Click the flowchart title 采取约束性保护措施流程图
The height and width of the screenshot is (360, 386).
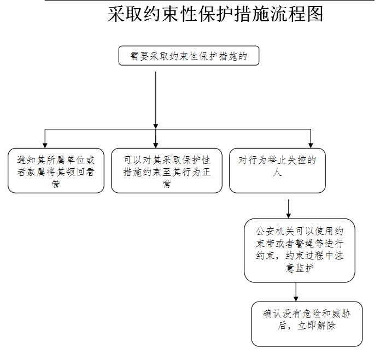coord(215,14)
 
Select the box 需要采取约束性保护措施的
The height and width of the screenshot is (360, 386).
coord(189,56)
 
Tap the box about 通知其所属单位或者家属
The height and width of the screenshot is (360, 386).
coord(56,170)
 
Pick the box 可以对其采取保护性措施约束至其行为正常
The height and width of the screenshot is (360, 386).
coord(167,170)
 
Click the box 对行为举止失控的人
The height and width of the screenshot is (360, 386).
coord(277,170)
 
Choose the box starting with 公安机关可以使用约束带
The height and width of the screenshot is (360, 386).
coord(300,250)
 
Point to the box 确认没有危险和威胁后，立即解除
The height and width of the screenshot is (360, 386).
coord(307,324)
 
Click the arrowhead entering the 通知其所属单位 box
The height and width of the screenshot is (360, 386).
coord(45,145)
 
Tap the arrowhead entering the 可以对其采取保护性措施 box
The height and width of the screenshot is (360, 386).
coord(156,145)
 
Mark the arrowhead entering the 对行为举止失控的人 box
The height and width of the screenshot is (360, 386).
coord(311,145)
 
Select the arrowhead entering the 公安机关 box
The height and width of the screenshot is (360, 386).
coord(289,216)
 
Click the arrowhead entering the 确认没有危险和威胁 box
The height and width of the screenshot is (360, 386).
coord(296,299)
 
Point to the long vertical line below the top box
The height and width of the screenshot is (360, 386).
coord(156,100)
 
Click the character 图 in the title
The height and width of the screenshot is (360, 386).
coord(315,14)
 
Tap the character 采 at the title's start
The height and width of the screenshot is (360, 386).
coord(116,14)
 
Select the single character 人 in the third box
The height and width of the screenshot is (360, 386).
coord(277,172)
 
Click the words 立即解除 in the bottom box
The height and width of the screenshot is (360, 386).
coord(317,326)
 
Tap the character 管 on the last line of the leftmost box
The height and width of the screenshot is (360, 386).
coord(56,184)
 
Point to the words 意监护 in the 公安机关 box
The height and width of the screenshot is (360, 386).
coord(300,268)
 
